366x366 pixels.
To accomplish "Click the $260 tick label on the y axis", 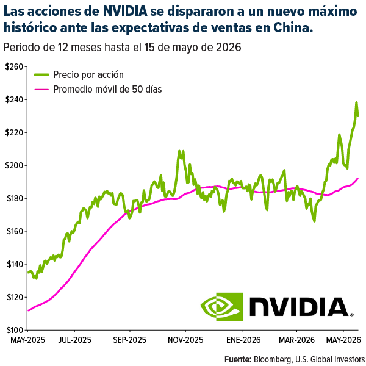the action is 14,66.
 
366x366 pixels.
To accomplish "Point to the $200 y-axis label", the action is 14,165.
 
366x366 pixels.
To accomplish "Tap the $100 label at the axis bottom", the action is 15,330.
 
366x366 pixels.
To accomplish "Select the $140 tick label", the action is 15,264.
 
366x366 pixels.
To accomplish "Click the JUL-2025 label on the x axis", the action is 74,340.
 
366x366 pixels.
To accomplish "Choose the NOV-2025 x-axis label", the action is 185,340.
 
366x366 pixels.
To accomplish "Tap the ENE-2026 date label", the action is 243,340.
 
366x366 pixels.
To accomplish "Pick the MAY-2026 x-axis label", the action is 343,340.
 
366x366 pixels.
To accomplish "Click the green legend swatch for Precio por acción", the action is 41,74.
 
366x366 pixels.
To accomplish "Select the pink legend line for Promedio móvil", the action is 41,90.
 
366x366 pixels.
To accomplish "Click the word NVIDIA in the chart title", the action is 125,11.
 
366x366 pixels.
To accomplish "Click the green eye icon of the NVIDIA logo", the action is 222,307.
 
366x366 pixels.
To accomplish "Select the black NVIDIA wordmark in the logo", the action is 300,307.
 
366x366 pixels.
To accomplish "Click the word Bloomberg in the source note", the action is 273,359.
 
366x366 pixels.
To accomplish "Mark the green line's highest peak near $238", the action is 356,102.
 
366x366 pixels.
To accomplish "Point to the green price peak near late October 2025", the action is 179,151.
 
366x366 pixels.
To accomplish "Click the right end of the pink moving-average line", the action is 357,179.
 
